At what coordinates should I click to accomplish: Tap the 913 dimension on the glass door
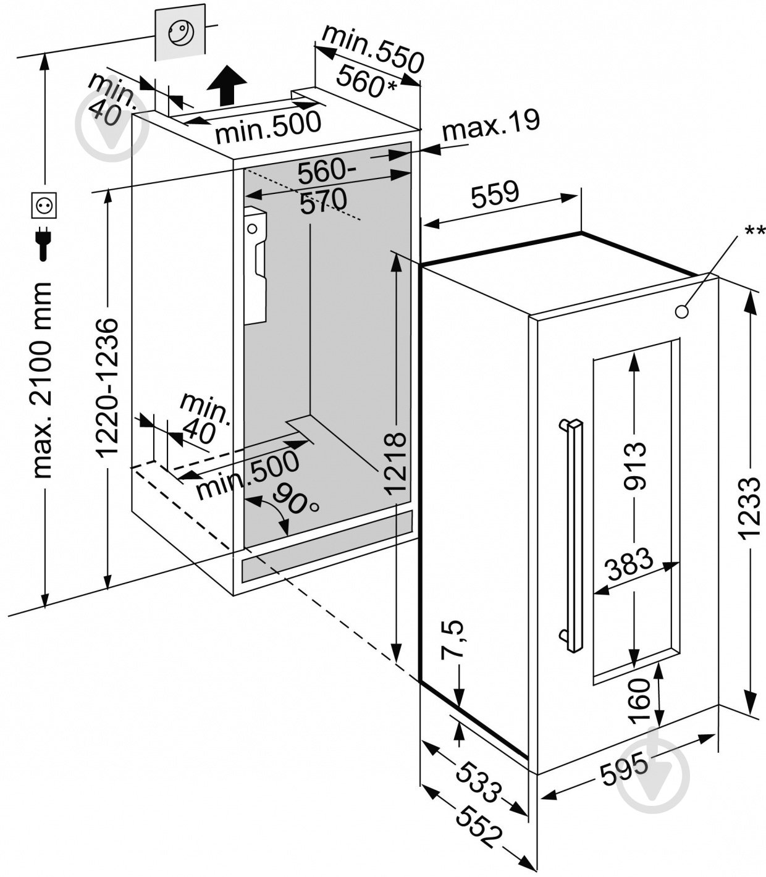tap(634, 464)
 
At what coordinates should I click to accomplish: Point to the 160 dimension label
tap(639, 700)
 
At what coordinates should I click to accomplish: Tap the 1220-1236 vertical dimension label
tap(109, 387)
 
